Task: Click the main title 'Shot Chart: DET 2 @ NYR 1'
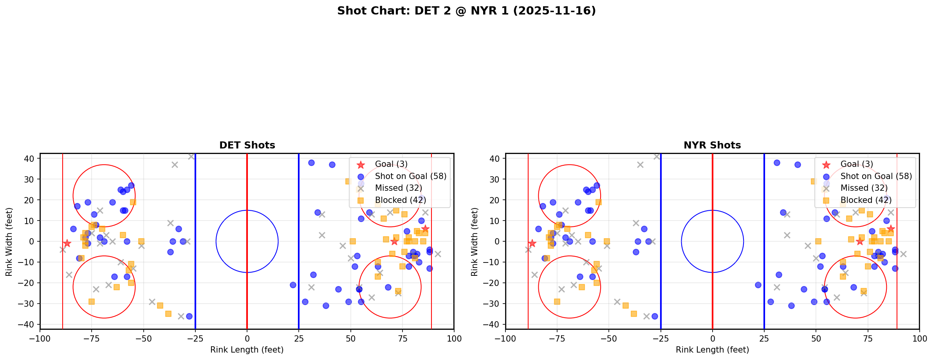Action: point(466,11)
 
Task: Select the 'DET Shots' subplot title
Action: point(247,145)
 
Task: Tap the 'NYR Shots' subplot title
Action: point(712,145)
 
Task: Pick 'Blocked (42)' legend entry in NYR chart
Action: point(866,200)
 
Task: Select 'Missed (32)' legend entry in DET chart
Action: point(398,188)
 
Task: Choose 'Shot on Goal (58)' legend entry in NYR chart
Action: point(876,176)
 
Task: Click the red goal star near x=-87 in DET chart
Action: point(67,243)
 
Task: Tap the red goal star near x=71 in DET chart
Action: point(394,241)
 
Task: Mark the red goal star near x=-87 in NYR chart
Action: point(532,243)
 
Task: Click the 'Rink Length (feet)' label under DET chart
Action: point(247,350)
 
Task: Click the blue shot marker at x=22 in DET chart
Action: point(292,285)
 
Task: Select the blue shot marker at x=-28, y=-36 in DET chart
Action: point(189,316)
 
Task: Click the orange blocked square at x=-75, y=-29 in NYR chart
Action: point(557,302)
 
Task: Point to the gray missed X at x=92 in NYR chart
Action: point(903,254)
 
